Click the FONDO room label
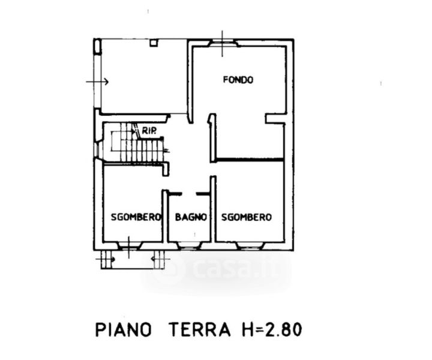click(x=238, y=80)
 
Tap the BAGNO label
click(x=191, y=217)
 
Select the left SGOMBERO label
click(x=136, y=217)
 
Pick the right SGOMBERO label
click(x=247, y=217)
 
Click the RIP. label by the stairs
click(x=149, y=131)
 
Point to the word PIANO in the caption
click(x=124, y=329)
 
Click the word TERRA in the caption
click(x=200, y=329)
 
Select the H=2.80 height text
click(x=272, y=329)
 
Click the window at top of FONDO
click(x=223, y=43)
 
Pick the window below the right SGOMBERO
click(x=250, y=245)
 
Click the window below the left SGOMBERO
click(x=130, y=245)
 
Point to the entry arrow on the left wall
click(x=97, y=82)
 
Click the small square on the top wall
click(x=154, y=43)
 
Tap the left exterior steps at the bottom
click(x=107, y=259)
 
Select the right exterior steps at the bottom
click(x=160, y=259)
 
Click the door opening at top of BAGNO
click(x=189, y=194)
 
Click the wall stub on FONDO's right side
click(x=275, y=119)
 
